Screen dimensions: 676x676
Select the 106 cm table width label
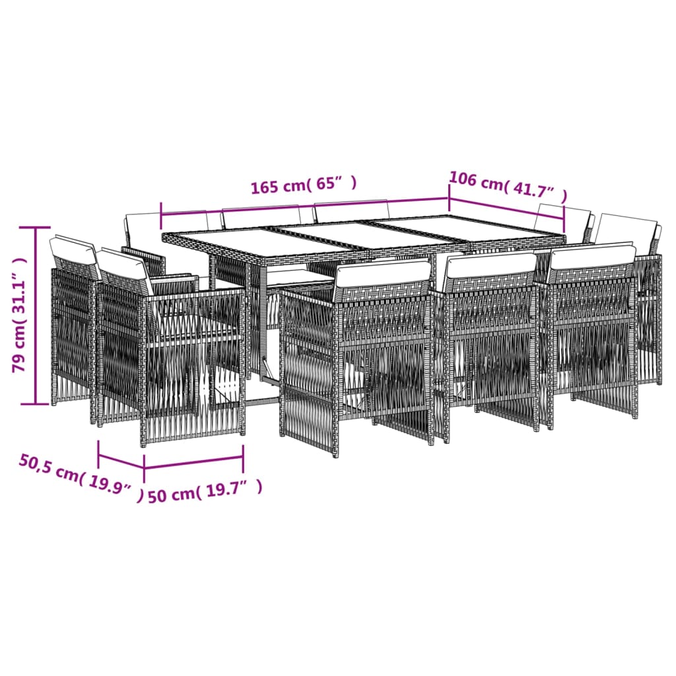point(508,187)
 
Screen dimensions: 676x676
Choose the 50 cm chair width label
point(205,492)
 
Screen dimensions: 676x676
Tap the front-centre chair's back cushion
point(489,265)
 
